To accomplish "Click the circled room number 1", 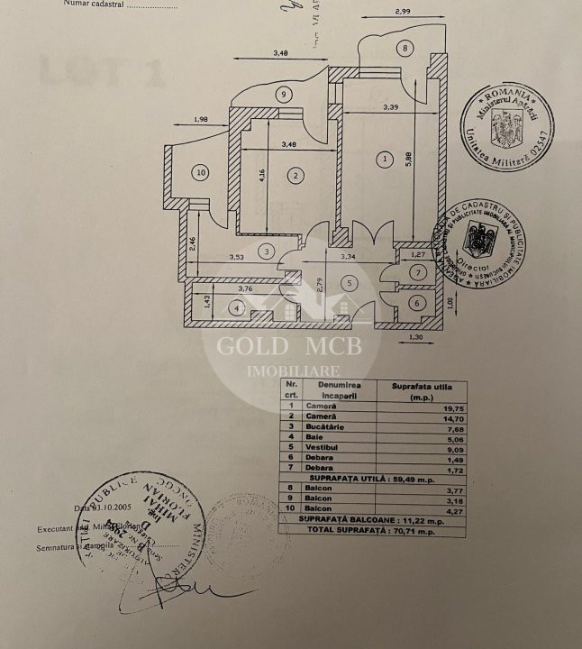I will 386,160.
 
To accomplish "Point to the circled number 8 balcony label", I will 405,48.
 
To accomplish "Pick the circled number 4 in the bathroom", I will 237,307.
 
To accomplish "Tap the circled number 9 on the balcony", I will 284,94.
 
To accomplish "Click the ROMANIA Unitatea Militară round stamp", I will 506,129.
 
